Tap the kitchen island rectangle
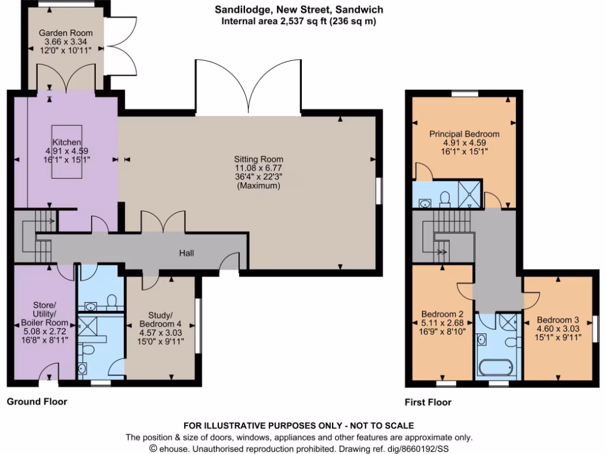click(x=67, y=151)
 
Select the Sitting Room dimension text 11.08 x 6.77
click(x=258, y=168)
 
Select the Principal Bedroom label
click(x=464, y=134)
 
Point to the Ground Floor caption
click(x=37, y=401)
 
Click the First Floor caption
click(x=428, y=403)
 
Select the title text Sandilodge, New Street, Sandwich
click(x=298, y=9)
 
